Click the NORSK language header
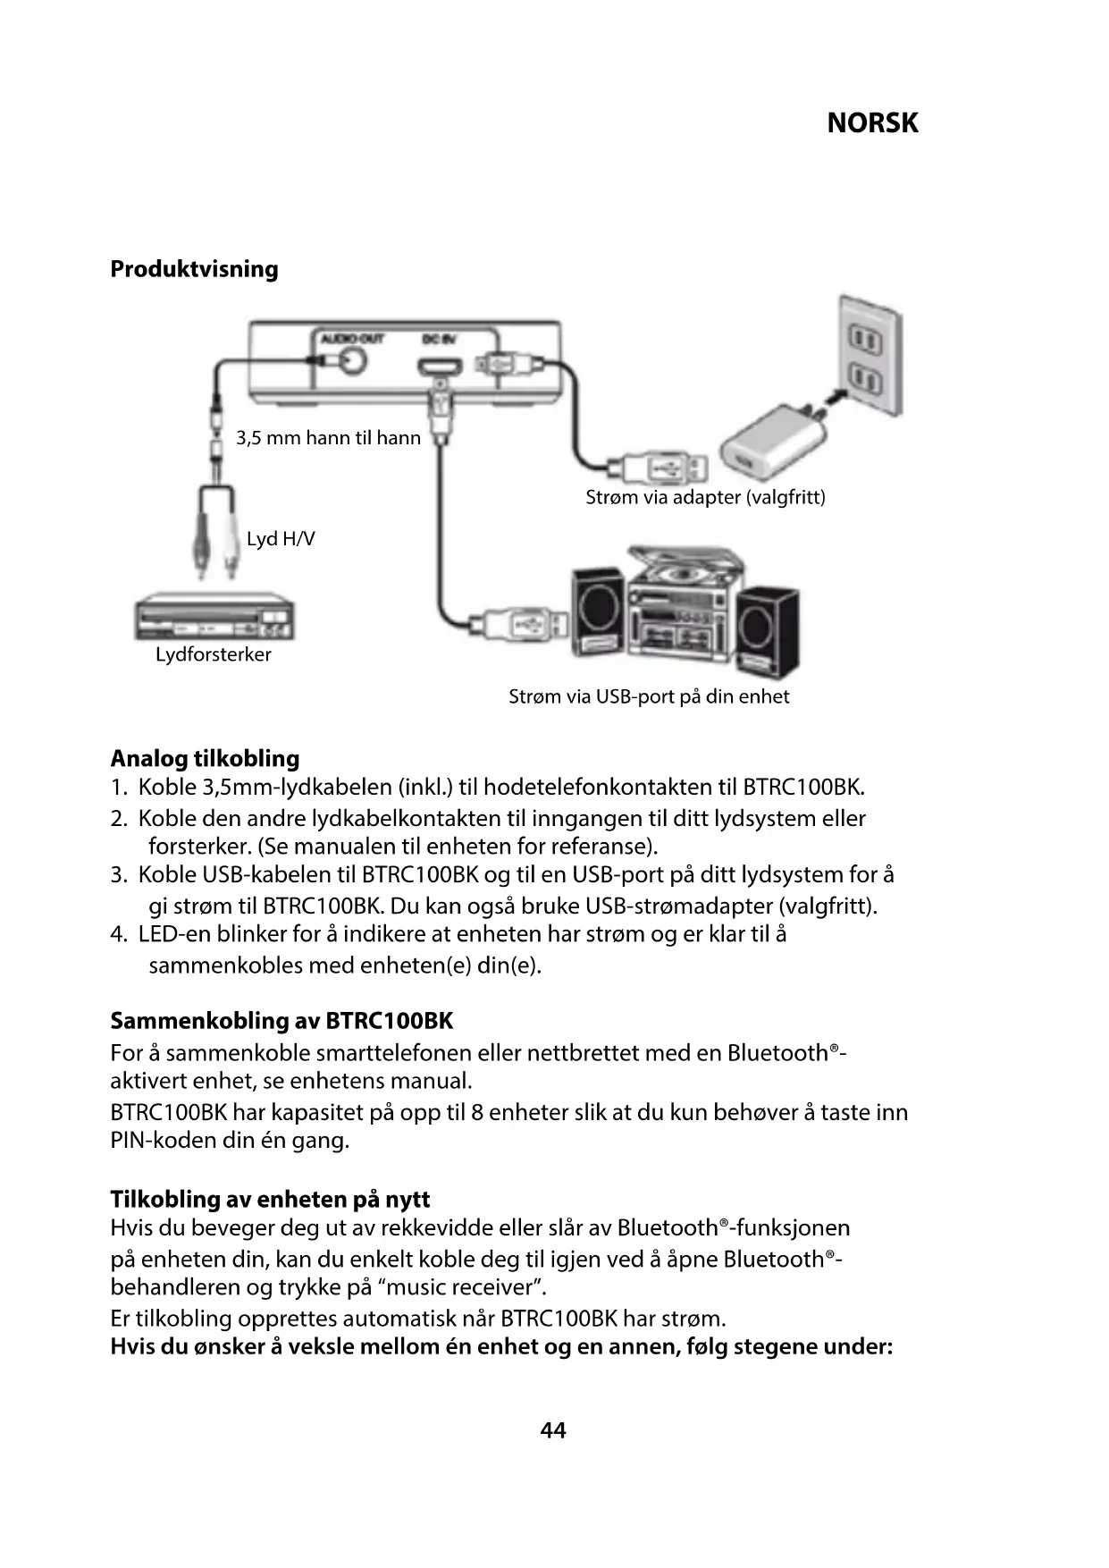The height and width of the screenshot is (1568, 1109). [x=872, y=122]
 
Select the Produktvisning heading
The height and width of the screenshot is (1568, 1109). [x=194, y=269]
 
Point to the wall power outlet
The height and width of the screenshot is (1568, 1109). [x=867, y=358]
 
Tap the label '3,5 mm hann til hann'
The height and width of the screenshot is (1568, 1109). [x=328, y=438]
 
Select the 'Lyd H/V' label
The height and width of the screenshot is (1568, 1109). [x=281, y=539]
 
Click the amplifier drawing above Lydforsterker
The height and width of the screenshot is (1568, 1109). [x=214, y=618]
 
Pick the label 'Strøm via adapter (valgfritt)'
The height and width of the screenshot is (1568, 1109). [x=705, y=497]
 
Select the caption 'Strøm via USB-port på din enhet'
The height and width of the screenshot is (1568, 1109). [x=649, y=696]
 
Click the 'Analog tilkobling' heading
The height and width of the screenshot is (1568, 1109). [x=205, y=759]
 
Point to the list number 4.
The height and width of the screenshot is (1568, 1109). [x=118, y=935]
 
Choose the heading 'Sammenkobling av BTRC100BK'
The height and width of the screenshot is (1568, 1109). [x=281, y=1021]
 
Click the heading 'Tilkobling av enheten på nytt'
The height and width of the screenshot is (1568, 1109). [x=270, y=1199]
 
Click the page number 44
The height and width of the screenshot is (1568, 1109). [x=553, y=1430]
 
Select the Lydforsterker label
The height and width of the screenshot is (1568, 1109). [x=214, y=654]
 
